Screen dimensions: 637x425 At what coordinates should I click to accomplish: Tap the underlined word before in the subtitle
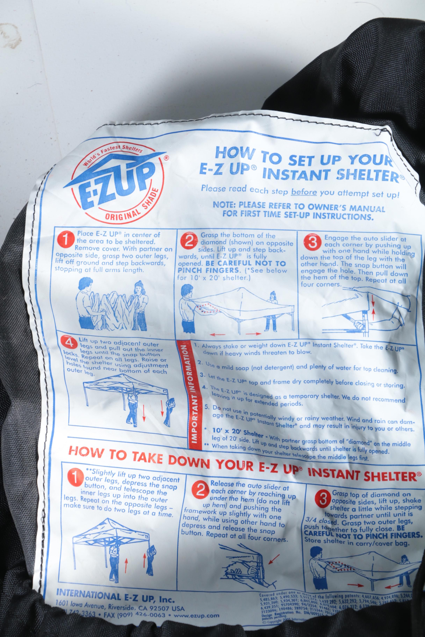click(x=304, y=192)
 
